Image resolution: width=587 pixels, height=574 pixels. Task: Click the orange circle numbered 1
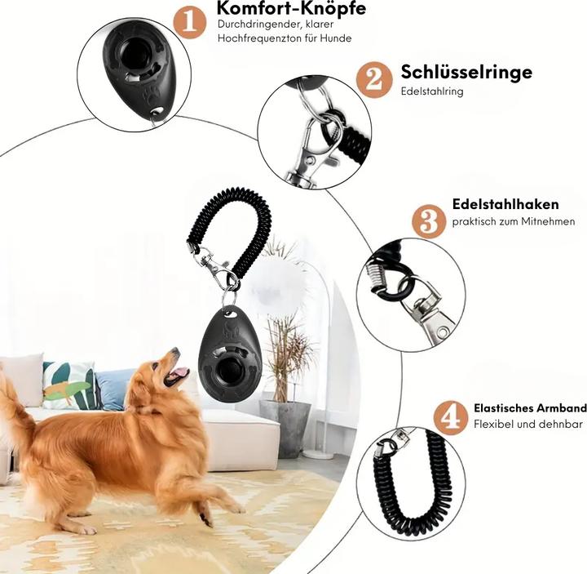click(189, 22)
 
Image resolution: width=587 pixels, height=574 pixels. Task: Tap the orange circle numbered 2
click(374, 80)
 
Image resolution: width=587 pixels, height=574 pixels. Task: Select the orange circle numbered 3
click(429, 221)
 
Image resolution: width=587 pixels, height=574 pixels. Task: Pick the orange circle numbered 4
click(451, 418)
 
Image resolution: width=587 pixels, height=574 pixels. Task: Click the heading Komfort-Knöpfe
click(291, 7)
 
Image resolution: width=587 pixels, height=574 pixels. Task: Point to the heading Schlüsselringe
click(466, 72)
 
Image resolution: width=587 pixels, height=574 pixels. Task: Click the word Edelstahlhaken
click(505, 204)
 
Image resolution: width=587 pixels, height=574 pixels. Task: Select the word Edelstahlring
click(432, 91)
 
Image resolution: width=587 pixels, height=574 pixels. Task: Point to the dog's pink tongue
click(180, 372)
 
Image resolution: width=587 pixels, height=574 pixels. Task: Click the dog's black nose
click(175, 351)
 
